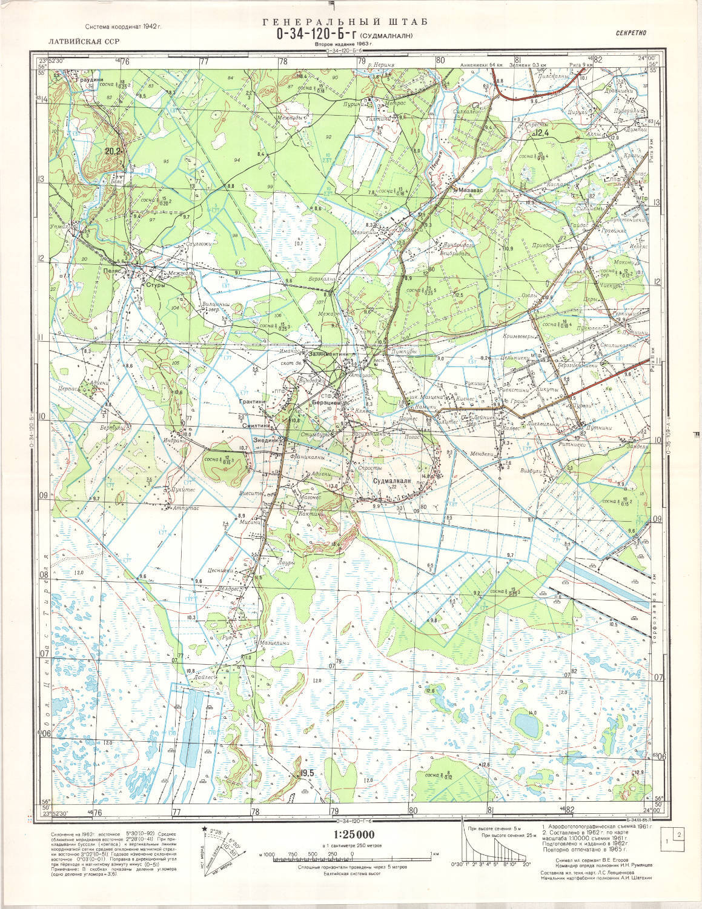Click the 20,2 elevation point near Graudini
[x=113, y=151]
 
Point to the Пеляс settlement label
[x=113, y=271]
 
